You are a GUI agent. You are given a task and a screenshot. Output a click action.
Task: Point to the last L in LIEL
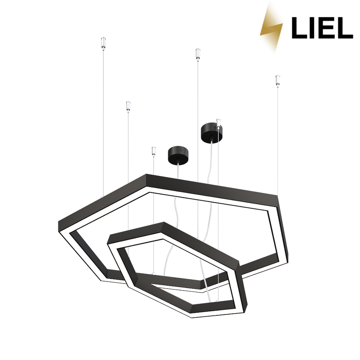(x=345, y=28)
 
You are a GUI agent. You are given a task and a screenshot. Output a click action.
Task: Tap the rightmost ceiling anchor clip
(x=278, y=81)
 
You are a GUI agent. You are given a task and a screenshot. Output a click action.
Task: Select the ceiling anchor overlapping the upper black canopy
(x=219, y=124)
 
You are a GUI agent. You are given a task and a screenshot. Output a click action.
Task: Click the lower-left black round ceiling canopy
(x=178, y=156)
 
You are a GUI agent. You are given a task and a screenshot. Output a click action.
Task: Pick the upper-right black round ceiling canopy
(x=212, y=133)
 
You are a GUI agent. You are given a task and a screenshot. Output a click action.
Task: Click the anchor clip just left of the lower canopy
(x=154, y=152)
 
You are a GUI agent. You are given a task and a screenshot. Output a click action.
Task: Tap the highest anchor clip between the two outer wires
(x=198, y=55)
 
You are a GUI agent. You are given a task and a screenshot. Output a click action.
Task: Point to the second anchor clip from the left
(x=128, y=107)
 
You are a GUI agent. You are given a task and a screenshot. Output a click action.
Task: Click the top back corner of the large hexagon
(x=146, y=175)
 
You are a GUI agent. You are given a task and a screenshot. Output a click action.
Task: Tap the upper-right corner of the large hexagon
(x=278, y=196)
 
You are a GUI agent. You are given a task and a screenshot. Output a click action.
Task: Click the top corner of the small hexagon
(x=164, y=222)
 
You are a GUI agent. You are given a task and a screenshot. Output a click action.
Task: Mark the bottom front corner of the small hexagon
(x=192, y=318)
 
